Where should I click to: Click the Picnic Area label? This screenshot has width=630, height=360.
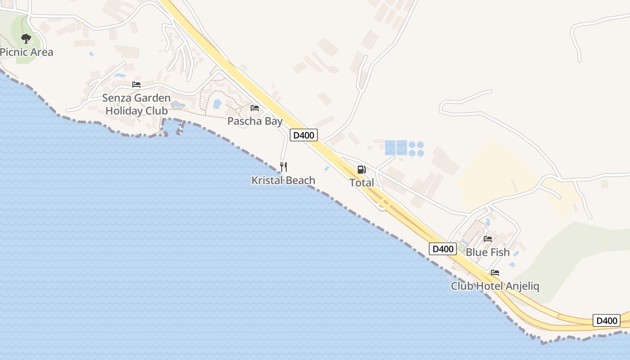coord(27,52)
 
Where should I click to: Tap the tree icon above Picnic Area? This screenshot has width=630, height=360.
coord(26,39)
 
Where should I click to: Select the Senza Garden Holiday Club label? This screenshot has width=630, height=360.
coord(136,104)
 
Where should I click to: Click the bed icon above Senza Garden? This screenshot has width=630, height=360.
coord(136,85)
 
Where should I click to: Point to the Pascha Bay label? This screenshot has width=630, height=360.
coord(255,121)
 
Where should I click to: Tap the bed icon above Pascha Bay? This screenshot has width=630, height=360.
coord(255,108)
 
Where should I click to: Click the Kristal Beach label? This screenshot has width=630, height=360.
coord(283,180)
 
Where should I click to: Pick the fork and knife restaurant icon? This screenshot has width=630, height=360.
coord(283,167)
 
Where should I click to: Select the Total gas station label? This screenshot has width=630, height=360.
coord(362,183)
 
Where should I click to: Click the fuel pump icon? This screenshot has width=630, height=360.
coord(361,170)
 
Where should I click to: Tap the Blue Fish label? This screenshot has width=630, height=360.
coord(487,252)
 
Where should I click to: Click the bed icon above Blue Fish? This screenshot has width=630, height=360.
coord(488,239)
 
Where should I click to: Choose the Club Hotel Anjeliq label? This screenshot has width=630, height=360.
coord(495,286)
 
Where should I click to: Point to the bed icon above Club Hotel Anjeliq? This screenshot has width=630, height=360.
coord(495,273)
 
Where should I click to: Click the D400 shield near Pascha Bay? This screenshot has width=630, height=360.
coord(304,135)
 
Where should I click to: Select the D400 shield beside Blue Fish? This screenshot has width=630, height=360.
coord(443,249)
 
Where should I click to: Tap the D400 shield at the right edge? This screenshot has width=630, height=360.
coord(606,320)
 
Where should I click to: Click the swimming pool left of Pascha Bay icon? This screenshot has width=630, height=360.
coord(217,104)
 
